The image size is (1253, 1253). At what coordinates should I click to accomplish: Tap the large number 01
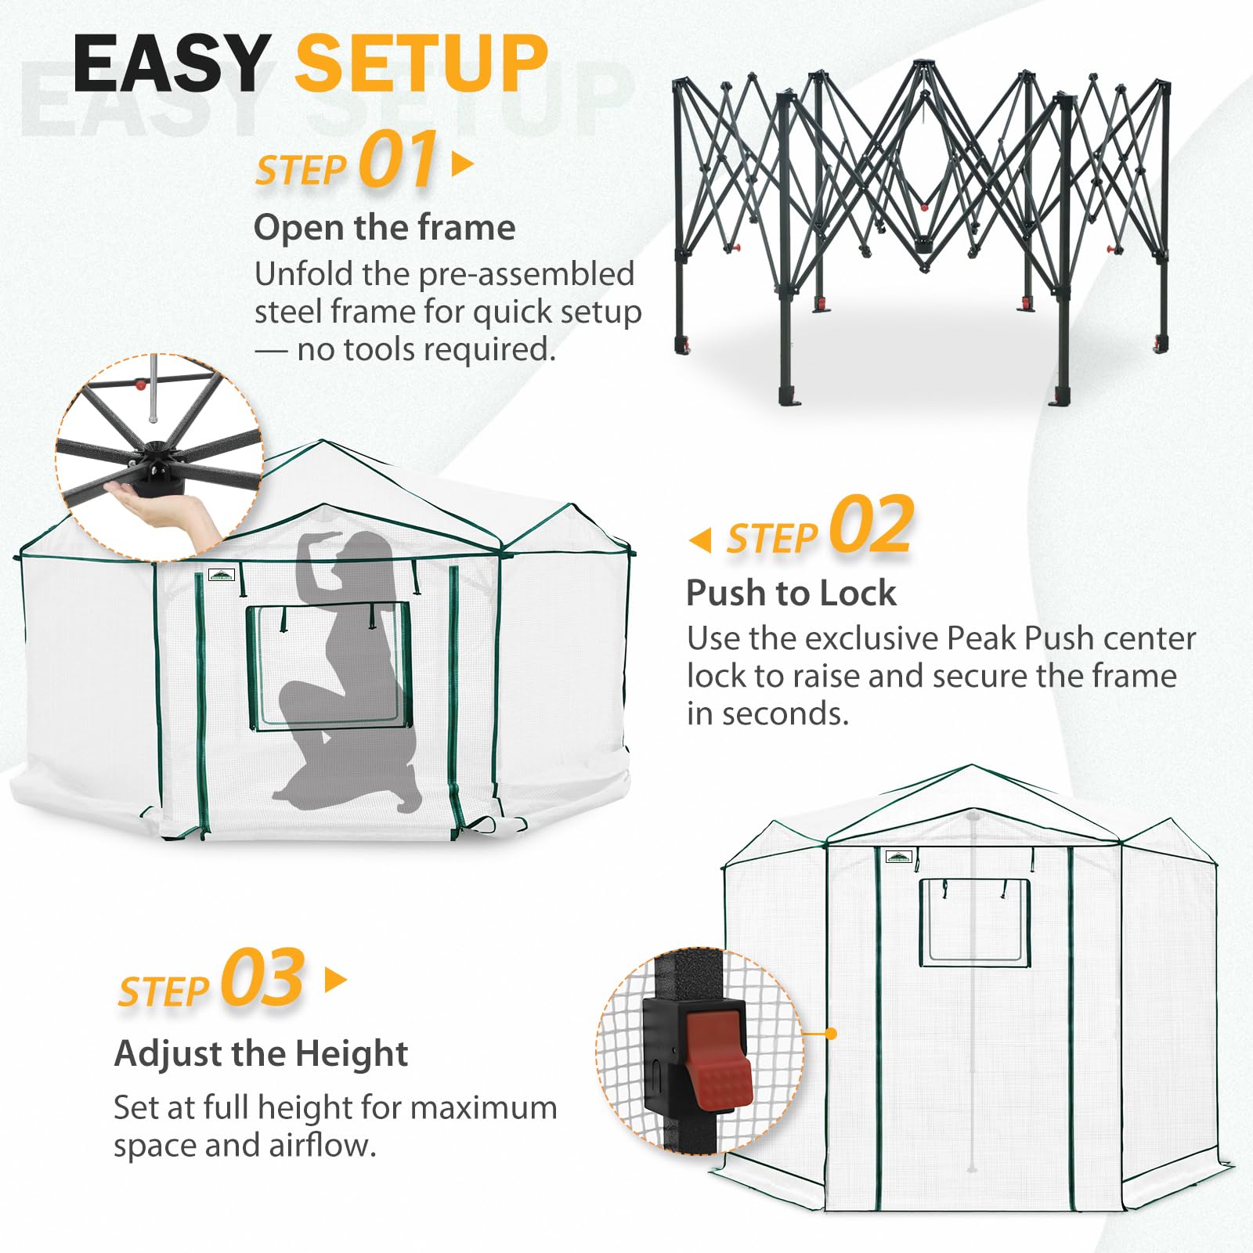coord(399,160)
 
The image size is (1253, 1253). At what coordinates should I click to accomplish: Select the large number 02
coord(872,525)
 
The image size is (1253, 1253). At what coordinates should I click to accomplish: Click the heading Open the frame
coord(385,228)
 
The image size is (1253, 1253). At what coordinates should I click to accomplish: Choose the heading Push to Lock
coord(791,593)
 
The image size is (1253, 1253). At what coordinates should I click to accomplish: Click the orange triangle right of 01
coord(463,164)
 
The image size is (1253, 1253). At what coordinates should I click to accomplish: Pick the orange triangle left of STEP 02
coord(700,540)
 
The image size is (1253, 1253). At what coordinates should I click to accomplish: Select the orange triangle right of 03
coord(335,980)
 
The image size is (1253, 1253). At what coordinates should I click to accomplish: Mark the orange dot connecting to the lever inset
coord(832,1034)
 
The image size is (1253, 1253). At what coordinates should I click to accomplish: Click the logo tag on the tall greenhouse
coord(899,856)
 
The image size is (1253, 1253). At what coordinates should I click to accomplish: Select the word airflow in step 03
coord(323,1145)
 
